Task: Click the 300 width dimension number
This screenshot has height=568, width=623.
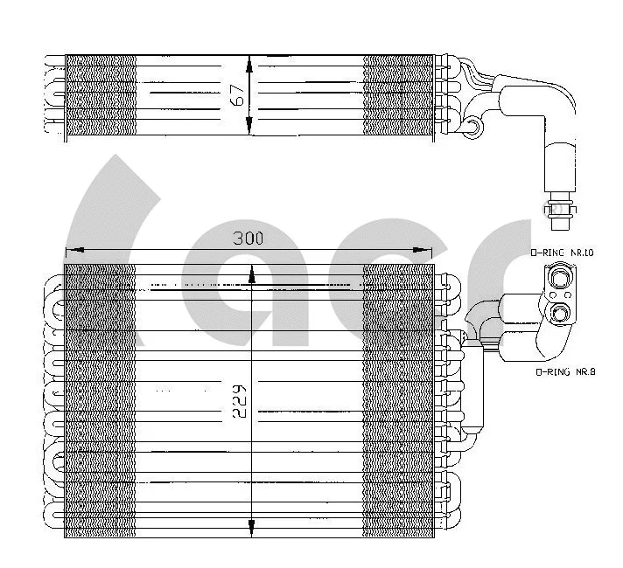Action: pyautogui.click(x=249, y=238)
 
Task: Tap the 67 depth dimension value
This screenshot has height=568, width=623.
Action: pyautogui.click(x=237, y=94)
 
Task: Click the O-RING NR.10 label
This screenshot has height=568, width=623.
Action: pyautogui.click(x=563, y=253)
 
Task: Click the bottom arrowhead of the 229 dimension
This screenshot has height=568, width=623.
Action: pyautogui.click(x=252, y=528)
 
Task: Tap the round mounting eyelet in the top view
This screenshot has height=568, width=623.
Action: pyautogui.click(x=473, y=129)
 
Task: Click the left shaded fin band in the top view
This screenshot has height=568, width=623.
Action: pyautogui.click(x=101, y=95)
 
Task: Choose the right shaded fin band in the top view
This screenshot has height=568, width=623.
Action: pyautogui.click(x=398, y=95)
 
